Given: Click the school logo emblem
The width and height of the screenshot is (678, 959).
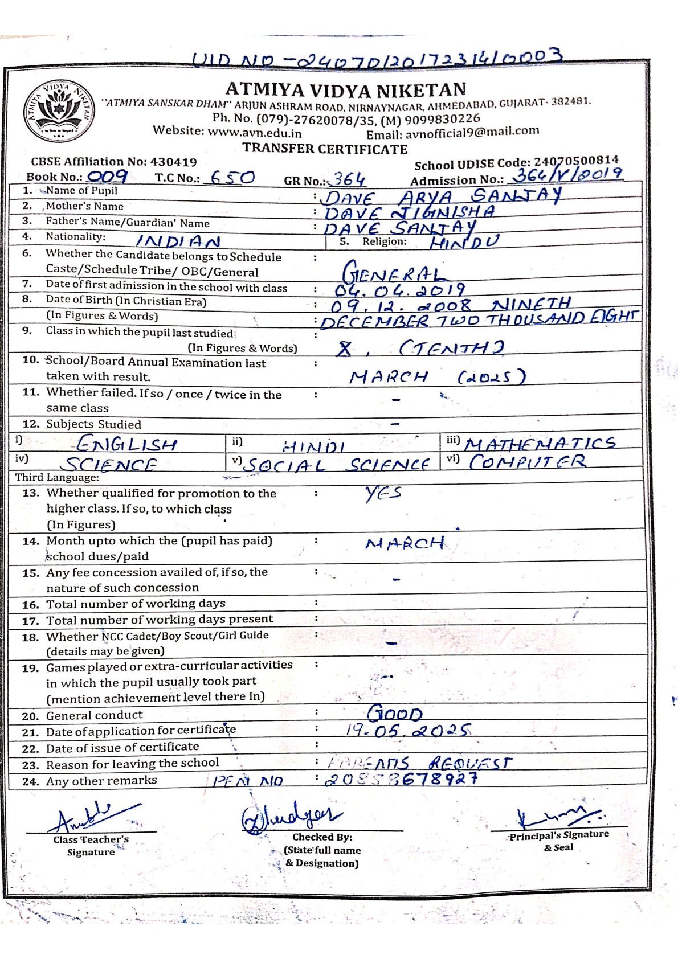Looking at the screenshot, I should [x=59, y=109].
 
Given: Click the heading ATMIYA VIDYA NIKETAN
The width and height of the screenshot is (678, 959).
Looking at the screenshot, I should [x=345, y=89].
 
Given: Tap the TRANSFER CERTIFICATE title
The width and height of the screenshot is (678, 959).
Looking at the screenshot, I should [x=325, y=149].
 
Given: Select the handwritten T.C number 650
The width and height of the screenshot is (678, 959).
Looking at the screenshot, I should [x=232, y=178].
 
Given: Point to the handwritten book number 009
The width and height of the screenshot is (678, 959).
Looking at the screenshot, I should [x=107, y=176].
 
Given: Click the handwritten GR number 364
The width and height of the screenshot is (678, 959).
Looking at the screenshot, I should [x=349, y=180].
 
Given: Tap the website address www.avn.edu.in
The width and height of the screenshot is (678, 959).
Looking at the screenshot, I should [x=255, y=133].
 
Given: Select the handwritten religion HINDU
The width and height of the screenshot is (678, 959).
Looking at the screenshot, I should [x=464, y=241].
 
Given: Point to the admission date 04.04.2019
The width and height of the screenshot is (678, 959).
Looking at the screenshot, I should [x=399, y=290].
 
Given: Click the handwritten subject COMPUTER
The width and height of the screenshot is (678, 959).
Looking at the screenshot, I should [x=527, y=461].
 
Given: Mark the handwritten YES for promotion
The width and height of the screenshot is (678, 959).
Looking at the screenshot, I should [x=383, y=493].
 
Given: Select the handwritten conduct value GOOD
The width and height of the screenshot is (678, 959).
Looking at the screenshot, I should [x=395, y=713].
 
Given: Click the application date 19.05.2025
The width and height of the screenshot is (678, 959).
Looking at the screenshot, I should [x=408, y=730].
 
